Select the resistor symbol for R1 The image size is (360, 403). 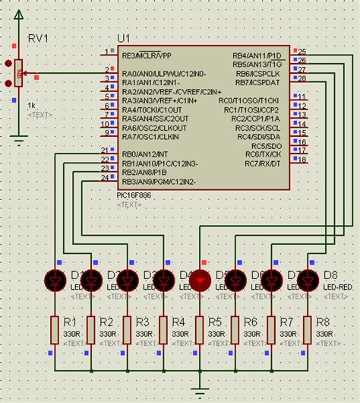[54, 329]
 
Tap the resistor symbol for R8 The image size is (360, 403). [308, 329]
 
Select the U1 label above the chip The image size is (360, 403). [124, 39]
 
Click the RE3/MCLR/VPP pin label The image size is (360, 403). [147, 56]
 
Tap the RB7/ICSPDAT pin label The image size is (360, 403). [257, 82]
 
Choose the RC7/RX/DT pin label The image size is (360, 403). [263, 163]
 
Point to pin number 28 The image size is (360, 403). [302, 78]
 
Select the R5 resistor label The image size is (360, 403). [215, 322]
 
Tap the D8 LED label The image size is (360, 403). [330, 274]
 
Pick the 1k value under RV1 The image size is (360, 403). [32, 104]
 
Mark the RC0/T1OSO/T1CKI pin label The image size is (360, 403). [249, 100]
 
